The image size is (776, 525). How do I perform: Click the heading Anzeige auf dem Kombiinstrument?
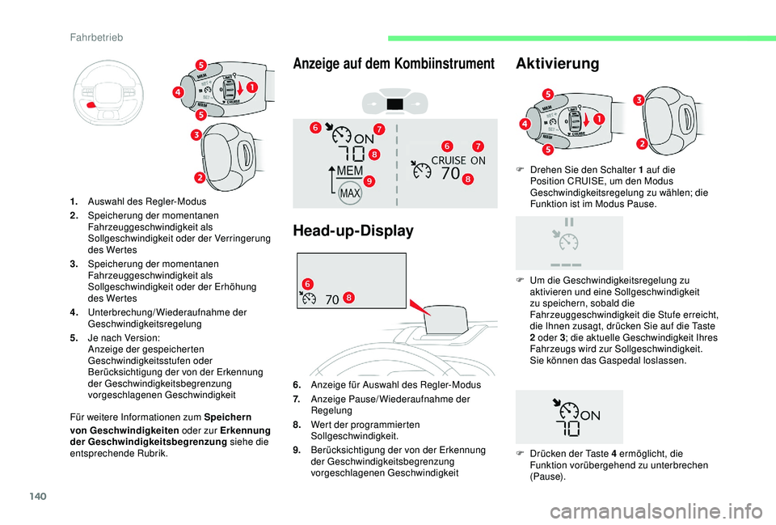394,63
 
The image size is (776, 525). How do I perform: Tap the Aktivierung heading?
557,63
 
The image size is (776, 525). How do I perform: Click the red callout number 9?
368,180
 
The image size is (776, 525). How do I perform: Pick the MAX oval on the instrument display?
349,194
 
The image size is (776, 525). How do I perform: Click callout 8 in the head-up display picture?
347,298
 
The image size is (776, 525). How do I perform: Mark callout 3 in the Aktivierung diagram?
638,99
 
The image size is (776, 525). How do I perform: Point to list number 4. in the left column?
74,311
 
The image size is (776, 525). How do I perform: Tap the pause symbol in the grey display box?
570,221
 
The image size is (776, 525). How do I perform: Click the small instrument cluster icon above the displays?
395,104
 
